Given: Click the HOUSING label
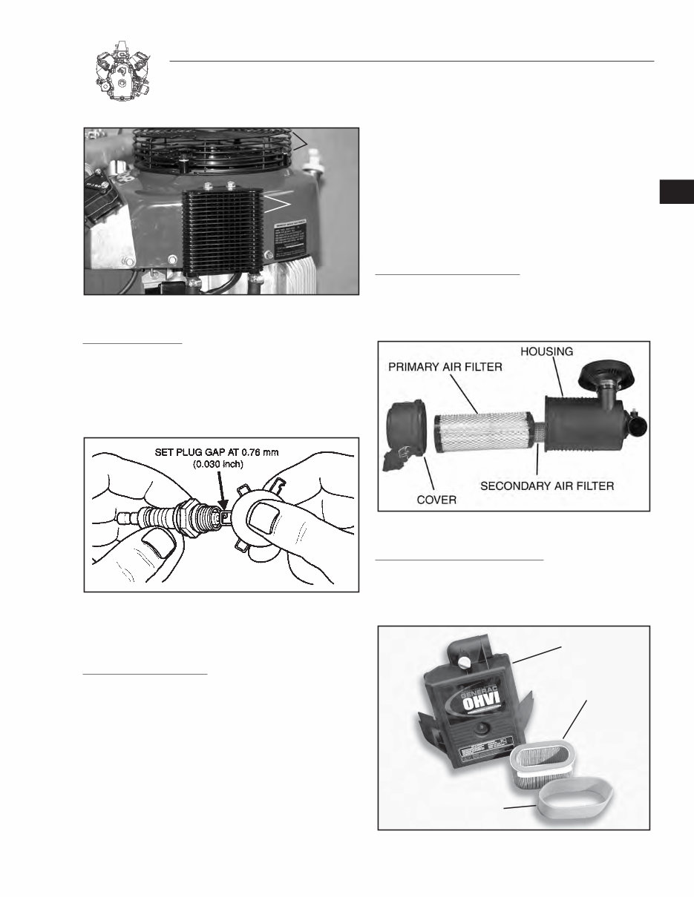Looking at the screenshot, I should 546,352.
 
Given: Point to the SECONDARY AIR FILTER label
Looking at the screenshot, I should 551,486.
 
